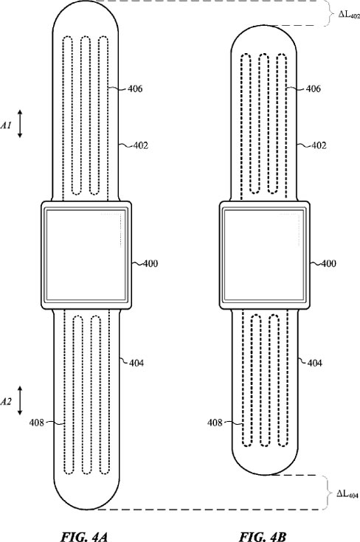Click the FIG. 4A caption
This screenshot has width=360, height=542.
[x=84, y=537]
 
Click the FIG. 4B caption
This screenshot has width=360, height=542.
[x=263, y=537]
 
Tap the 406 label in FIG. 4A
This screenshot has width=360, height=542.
[x=135, y=88]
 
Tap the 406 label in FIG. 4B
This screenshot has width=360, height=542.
[x=314, y=88]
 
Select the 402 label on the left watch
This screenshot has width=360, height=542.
[x=140, y=145]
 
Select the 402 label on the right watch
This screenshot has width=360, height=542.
[x=319, y=145]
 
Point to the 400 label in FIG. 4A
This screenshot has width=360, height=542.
[x=150, y=264]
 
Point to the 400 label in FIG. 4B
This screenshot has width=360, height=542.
[x=328, y=264]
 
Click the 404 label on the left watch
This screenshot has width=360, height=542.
[x=136, y=363]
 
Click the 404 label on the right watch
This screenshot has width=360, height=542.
[x=314, y=363]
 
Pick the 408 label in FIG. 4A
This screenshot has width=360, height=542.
[x=37, y=423]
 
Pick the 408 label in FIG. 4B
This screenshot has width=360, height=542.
[x=215, y=423]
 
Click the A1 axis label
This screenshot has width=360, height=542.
[x=6, y=125]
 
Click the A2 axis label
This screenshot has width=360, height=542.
[x=6, y=402]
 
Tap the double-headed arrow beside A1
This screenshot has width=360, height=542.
[x=20, y=124]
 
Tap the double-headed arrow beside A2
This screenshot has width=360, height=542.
[x=20, y=400]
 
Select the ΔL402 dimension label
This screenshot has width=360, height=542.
[x=349, y=15]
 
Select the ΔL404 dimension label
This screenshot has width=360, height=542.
[x=347, y=494]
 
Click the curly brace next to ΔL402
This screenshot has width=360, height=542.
[x=328, y=13]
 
